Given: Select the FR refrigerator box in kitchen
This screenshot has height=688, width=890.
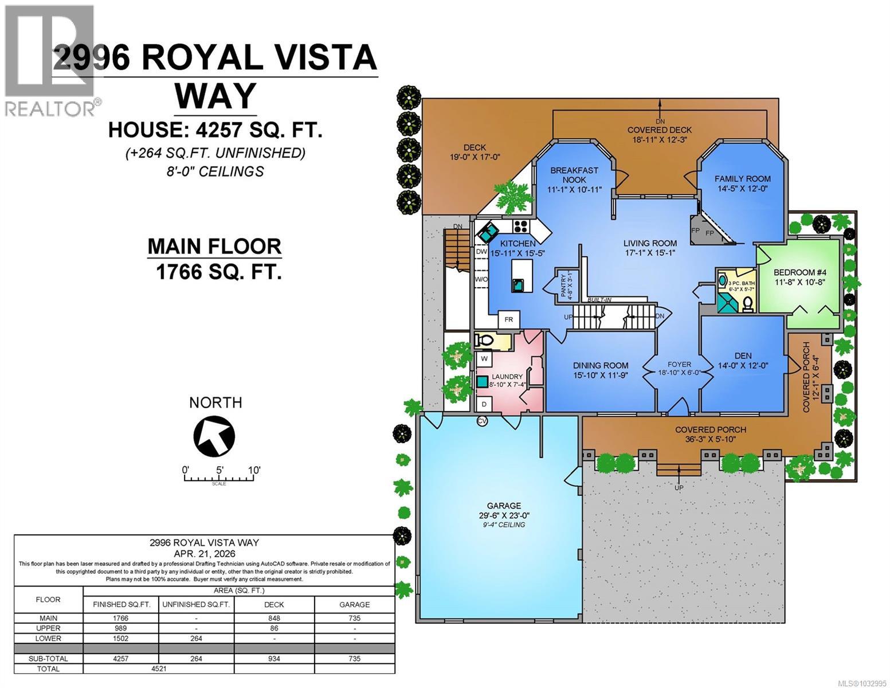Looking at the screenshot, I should tap(508, 319).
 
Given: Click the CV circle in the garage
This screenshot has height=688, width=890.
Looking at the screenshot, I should tap(483, 421).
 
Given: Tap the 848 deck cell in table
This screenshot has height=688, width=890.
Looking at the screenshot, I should tap(274, 618).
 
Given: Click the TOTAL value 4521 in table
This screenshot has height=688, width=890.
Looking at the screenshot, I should tap(158, 669).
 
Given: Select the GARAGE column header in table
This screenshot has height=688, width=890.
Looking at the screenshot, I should tap(354, 604).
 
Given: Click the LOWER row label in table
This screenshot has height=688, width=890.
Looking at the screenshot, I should tap(48, 638).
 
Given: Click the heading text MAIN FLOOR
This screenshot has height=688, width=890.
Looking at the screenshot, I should tap(214, 247).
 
